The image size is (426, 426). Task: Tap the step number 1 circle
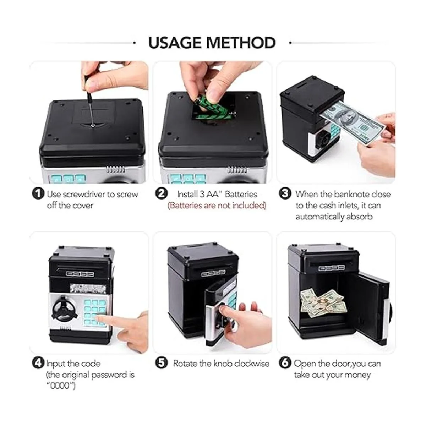tap(38, 194)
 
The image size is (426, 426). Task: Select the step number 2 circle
tap(162, 194)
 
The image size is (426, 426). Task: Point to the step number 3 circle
tap(285, 194)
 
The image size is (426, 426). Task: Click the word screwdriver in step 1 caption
tap(83, 194)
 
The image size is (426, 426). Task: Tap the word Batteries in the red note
tap(183, 206)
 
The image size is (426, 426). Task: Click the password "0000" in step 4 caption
tap(61, 386)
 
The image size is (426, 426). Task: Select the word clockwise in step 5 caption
tap(252, 364)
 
